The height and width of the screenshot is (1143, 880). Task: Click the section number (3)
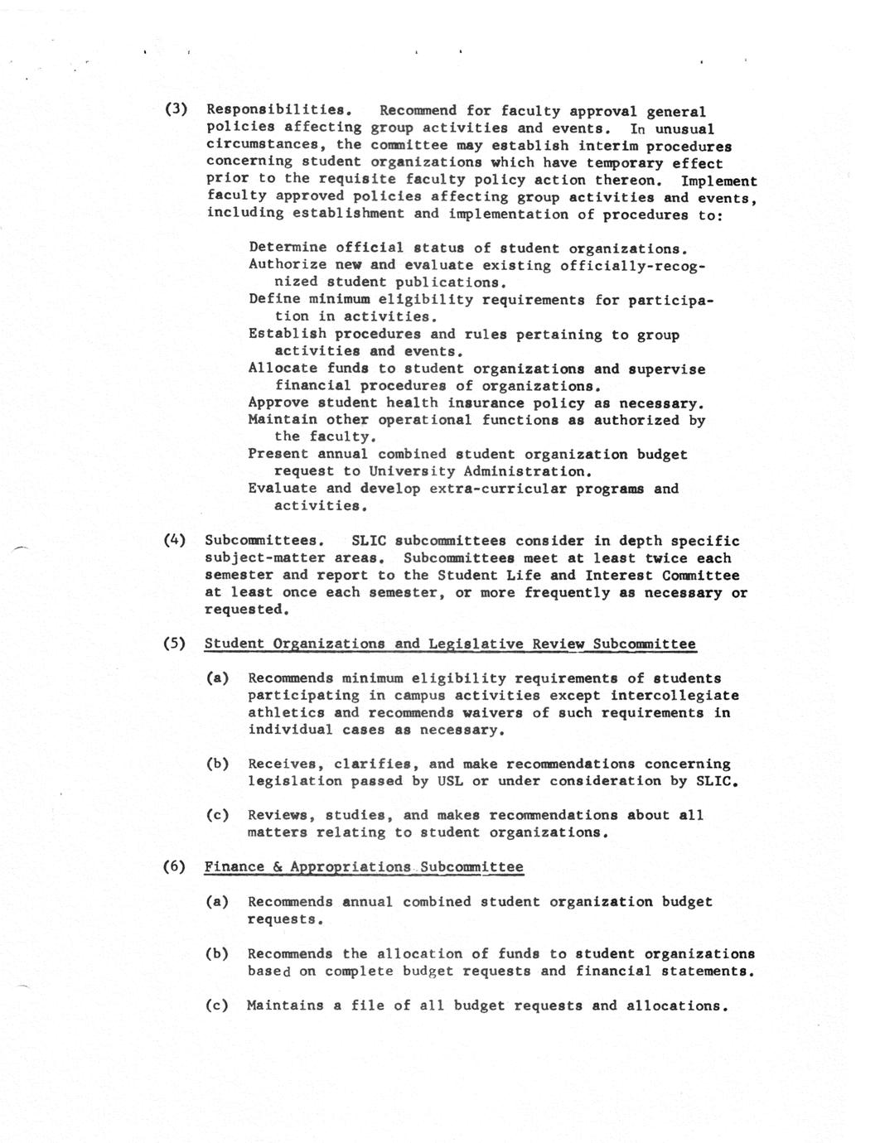176,109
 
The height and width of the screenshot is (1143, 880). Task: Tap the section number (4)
174,540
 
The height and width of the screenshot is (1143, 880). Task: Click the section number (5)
174,644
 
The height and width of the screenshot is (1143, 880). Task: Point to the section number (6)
174,866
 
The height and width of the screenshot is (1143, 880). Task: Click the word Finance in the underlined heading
234,866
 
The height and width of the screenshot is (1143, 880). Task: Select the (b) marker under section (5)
217,764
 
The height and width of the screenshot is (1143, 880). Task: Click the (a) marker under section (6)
217,901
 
